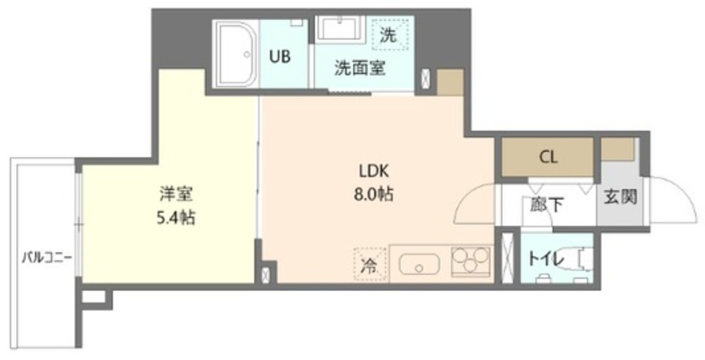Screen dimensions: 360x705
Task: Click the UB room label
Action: click(279, 56)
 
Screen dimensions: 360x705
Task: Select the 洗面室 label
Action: click(360, 67)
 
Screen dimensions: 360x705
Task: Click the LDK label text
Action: click(375, 172)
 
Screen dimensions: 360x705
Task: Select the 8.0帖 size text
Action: click(375, 196)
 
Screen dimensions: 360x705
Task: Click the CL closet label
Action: click(549, 157)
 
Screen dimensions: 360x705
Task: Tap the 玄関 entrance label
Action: click(621, 197)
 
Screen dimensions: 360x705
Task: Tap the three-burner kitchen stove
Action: click(471, 262)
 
